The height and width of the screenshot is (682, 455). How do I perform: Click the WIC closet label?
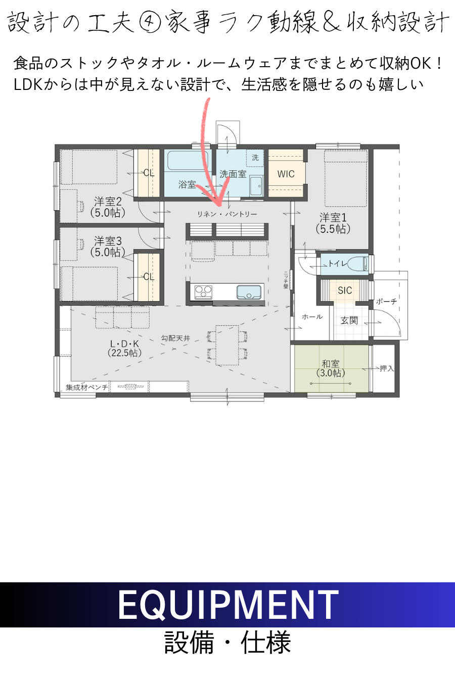[286, 174]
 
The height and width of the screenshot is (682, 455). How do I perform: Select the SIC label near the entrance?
[345, 290]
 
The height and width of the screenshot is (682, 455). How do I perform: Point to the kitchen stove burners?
[203, 292]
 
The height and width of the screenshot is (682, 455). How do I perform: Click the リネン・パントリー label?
[227, 214]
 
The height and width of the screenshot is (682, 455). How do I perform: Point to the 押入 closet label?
[387, 369]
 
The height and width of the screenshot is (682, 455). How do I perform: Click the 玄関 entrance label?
[349, 320]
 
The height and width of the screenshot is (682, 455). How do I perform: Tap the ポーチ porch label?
[386, 302]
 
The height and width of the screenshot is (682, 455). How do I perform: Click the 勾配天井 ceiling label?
[175, 338]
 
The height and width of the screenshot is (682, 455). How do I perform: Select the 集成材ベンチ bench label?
[87, 387]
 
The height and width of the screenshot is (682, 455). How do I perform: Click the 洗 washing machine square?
[255, 158]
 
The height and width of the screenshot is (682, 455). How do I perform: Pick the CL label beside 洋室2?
[149, 173]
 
